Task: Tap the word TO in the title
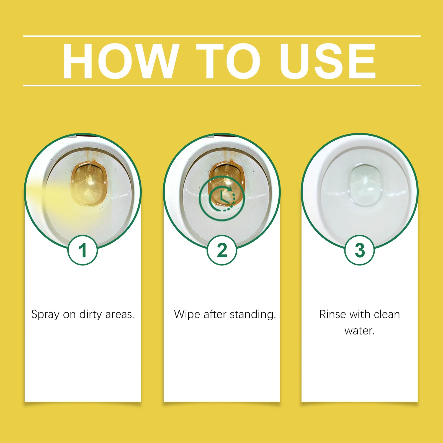pos(228,61)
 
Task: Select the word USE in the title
pos(328,61)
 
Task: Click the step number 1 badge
pos(83,250)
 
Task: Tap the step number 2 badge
pos(222,250)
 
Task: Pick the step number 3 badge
pos(359,250)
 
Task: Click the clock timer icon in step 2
pos(222,198)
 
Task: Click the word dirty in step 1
pos(91,315)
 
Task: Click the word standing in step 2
pos(253,315)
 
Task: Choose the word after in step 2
pos(215,314)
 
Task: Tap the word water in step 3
pos(359,331)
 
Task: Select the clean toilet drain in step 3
pos(365,185)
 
